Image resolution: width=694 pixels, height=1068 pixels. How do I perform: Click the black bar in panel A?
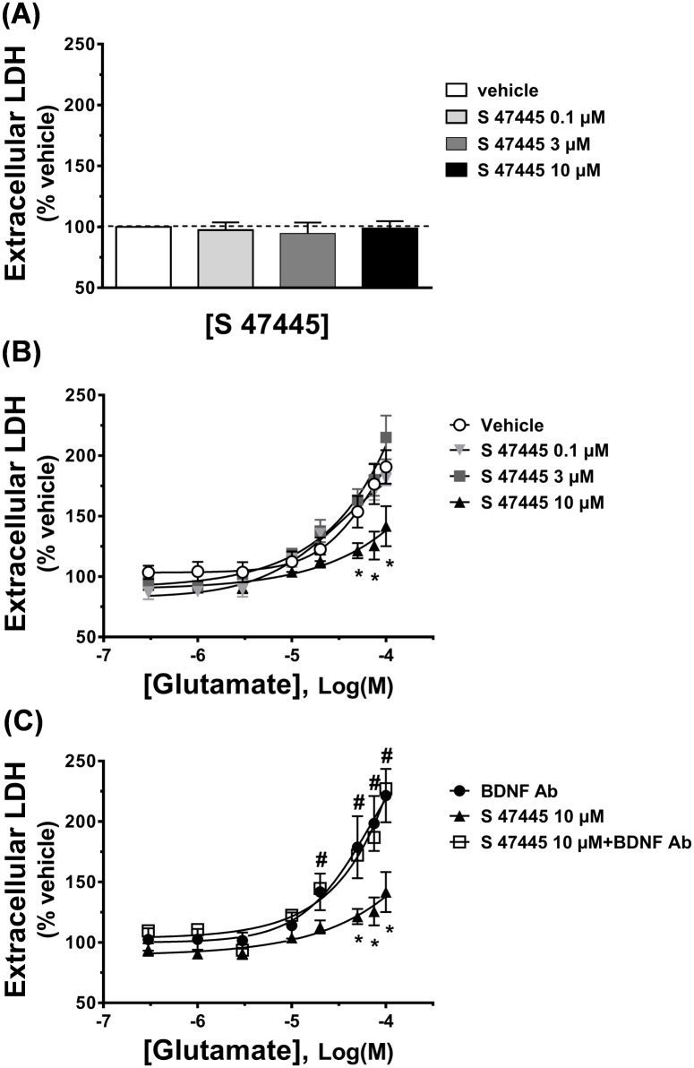click(x=390, y=257)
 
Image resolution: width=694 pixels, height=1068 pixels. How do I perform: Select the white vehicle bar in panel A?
click(x=143, y=257)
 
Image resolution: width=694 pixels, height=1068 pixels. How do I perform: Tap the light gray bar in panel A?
click(x=226, y=258)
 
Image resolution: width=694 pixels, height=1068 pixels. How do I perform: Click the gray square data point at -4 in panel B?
click(x=387, y=437)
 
